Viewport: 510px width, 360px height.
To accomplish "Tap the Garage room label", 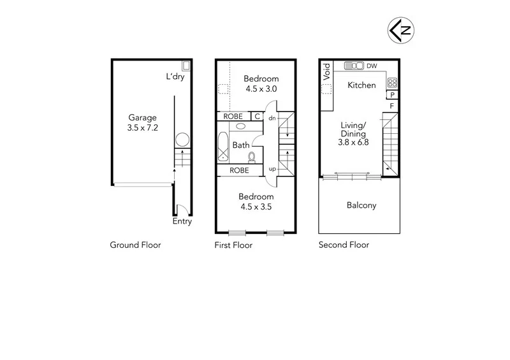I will click(142, 118).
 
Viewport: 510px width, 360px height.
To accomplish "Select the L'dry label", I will click(175, 77).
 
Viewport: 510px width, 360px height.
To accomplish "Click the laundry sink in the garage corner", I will click(186, 65).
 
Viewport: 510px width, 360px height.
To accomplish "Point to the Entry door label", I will click(182, 222).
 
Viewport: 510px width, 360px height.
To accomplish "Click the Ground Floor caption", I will click(135, 245).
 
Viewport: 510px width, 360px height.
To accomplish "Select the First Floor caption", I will click(233, 245).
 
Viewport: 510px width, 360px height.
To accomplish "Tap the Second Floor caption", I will click(344, 245).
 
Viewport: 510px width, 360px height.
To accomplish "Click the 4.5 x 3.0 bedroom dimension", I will click(261, 89).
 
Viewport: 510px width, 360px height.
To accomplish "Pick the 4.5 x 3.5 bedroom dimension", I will click(256, 206).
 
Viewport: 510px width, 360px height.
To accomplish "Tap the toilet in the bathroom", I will click(252, 156).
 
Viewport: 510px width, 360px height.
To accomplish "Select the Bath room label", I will click(240, 145).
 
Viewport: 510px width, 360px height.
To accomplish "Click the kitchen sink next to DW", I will click(353, 66).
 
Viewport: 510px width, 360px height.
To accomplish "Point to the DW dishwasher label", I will click(372, 66).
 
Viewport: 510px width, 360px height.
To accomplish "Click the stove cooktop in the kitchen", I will click(392, 82).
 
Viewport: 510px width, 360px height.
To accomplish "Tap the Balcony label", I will click(361, 205).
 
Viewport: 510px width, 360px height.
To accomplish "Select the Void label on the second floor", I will click(326, 69).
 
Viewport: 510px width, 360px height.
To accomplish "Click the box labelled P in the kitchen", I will click(392, 95).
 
